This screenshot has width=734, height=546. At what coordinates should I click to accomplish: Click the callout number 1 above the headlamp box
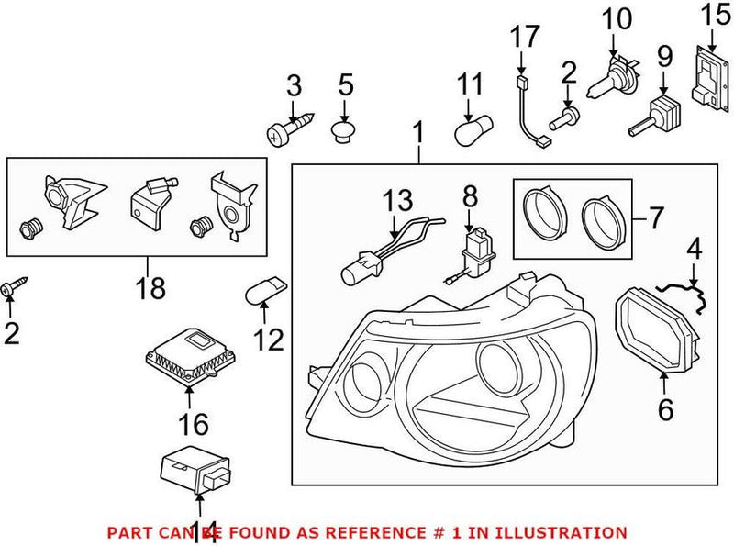pyautogui.click(x=418, y=136)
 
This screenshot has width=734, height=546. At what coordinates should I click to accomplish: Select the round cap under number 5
pyautogui.click(x=344, y=135)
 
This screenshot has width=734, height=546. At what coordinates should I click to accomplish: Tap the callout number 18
pyautogui.click(x=151, y=288)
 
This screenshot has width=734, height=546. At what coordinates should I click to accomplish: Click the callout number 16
pyautogui.click(x=194, y=424)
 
